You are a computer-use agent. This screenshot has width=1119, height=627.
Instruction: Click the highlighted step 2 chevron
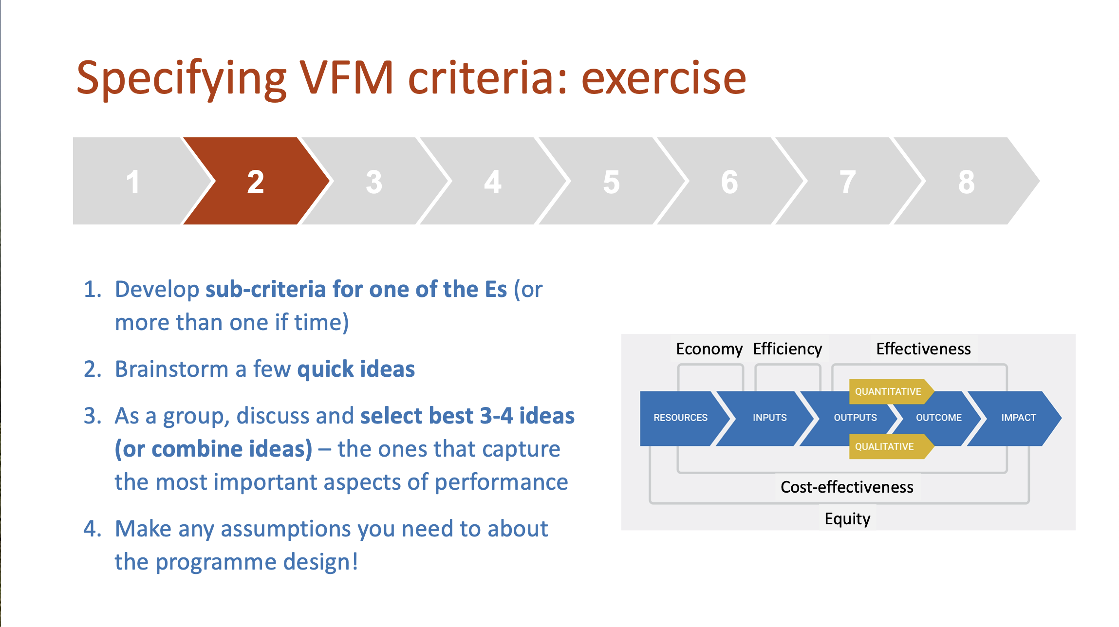pyautogui.click(x=256, y=181)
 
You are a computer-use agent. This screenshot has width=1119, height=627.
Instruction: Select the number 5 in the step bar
pyautogui.click(x=612, y=183)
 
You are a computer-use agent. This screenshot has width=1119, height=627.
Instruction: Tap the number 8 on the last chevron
pyautogui.click(x=967, y=183)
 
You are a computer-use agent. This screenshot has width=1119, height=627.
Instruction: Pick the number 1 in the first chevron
pyautogui.click(x=133, y=183)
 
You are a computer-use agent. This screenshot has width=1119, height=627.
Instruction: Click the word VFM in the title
pyautogui.click(x=346, y=78)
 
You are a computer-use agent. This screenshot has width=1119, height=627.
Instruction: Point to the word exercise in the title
pyautogui.click(x=664, y=78)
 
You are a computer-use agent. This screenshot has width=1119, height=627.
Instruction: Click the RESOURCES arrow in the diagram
pyautogui.click(x=684, y=418)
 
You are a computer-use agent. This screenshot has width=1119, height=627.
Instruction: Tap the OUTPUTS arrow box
pyautogui.click(x=850, y=418)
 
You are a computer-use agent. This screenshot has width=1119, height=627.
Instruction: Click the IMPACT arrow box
pyautogui.click(x=1016, y=418)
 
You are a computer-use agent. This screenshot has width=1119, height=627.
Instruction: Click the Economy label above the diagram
pyautogui.click(x=709, y=349)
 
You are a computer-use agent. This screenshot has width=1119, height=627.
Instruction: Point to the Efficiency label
pyautogui.click(x=787, y=349)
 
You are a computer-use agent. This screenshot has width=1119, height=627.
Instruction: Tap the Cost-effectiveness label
pyautogui.click(x=847, y=487)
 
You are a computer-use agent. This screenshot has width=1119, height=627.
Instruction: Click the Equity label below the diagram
pyautogui.click(x=847, y=519)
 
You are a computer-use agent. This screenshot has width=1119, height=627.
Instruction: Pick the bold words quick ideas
pyautogui.click(x=356, y=369)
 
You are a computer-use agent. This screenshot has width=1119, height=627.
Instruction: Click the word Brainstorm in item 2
pyautogui.click(x=172, y=369)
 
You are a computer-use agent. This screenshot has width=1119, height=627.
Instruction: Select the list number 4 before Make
pyautogui.click(x=92, y=529)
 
